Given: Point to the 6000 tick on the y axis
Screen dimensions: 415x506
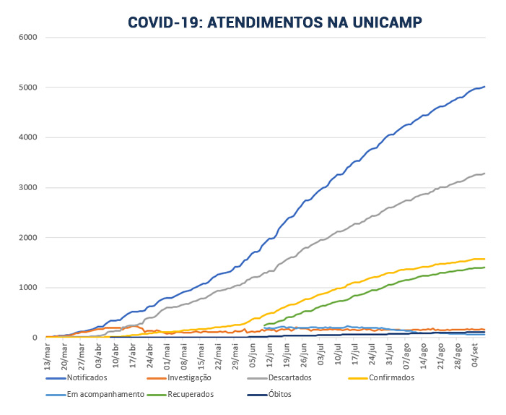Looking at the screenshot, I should (28, 38).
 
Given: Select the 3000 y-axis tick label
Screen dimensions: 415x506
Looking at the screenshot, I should (28, 188).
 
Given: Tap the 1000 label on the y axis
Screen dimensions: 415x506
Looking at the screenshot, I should (28, 288).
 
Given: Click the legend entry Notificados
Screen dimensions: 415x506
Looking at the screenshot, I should (87, 377).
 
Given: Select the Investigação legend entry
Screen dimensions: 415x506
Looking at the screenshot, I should (187, 377).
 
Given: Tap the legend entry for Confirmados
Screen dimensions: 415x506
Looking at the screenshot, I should (390, 377).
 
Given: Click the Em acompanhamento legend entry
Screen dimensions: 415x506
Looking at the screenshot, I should (99, 395).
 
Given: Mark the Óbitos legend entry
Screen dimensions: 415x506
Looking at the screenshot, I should (279, 395).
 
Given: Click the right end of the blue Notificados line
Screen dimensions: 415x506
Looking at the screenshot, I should (484, 87).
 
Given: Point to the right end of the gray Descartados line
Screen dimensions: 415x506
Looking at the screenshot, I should (484, 173).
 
